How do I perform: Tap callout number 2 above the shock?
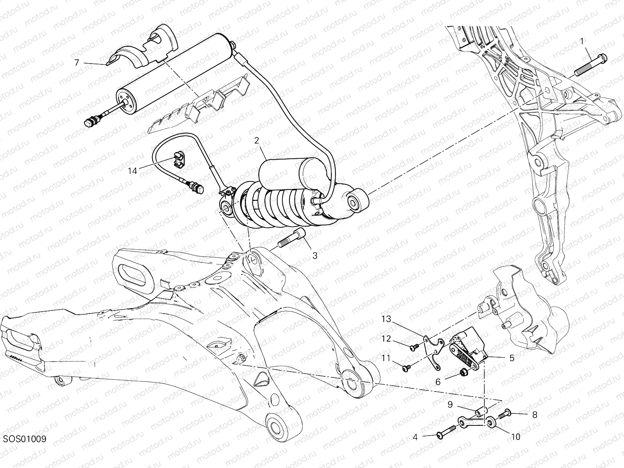point(257,140)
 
